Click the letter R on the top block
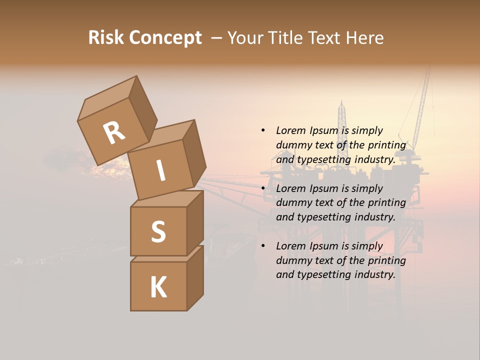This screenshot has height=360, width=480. coord(114,133)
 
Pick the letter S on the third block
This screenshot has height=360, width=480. coord(158,231)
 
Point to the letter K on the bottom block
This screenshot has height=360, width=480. coord(158,287)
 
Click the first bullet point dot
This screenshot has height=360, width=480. coord(263,131)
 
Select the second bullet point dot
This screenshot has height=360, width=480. coord(263,188)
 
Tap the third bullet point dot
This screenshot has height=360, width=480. coord(263,246)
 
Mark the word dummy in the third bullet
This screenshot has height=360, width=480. coord(293,260)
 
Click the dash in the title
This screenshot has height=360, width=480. coord(217,38)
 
